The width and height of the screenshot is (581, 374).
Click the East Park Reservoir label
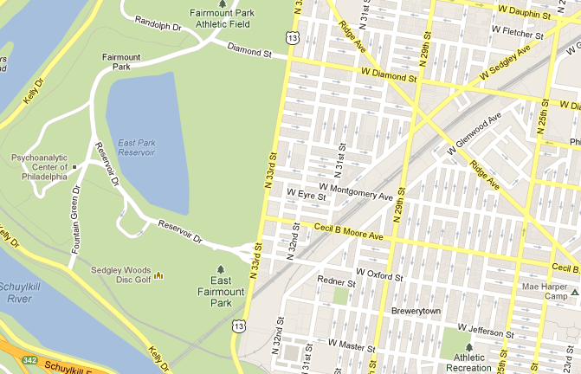[x=136, y=147]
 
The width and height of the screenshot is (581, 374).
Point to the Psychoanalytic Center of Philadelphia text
[x=39, y=167]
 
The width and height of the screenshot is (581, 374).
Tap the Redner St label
[x=338, y=281]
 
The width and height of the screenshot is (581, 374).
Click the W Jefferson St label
[x=486, y=330]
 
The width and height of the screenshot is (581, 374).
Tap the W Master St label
[x=352, y=347]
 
